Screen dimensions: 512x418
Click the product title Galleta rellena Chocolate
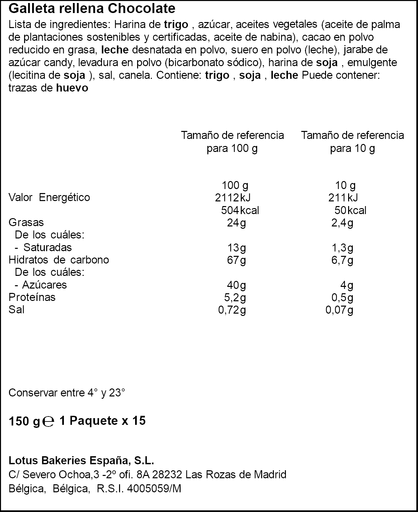coord(92,9)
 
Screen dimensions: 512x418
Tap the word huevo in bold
coord(72,88)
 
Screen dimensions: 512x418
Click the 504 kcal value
coord(240,210)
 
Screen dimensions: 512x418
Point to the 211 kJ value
coord(343,198)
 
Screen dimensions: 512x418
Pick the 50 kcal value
coord(350,210)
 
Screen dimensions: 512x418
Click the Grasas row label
coord(26,222)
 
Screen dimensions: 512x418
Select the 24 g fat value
coord(236,223)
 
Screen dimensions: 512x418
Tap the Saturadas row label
coord(47,247)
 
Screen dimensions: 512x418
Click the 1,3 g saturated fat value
coord(342,248)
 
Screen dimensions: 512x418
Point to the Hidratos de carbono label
coord(59,260)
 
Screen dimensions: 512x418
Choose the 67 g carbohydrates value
coord(236,260)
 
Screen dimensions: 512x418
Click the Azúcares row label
coord(44,285)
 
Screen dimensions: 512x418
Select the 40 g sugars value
coord(236,285)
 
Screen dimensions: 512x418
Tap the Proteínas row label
coord(32,297)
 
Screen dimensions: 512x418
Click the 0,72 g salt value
coord(232,310)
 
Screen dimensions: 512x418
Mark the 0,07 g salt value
coord(339,310)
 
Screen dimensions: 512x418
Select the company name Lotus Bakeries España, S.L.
coord(81,461)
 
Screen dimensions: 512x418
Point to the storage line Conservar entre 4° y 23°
coord(67,393)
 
